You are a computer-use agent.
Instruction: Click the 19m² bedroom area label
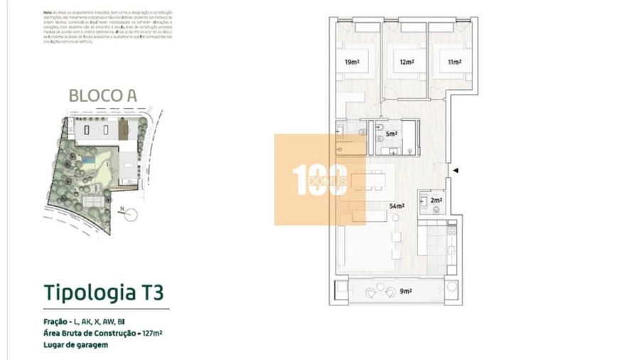pos(351,63)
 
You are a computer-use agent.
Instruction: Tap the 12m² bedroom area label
pos(406,63)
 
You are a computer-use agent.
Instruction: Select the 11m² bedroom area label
pos(454,63)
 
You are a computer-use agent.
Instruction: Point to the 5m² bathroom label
pos(390,134)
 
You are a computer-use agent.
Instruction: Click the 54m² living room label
pos(397,206)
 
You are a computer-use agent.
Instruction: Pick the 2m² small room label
pos(436,201)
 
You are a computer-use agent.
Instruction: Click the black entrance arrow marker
pos(457,171)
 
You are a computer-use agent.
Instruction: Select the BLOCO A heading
pos(102,95)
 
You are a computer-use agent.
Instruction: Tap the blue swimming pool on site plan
pos(86,164)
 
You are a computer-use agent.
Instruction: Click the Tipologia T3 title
pos(103,292)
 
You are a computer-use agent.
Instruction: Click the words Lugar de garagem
pos(75,345)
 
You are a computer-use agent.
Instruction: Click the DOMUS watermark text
pos(328,181)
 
